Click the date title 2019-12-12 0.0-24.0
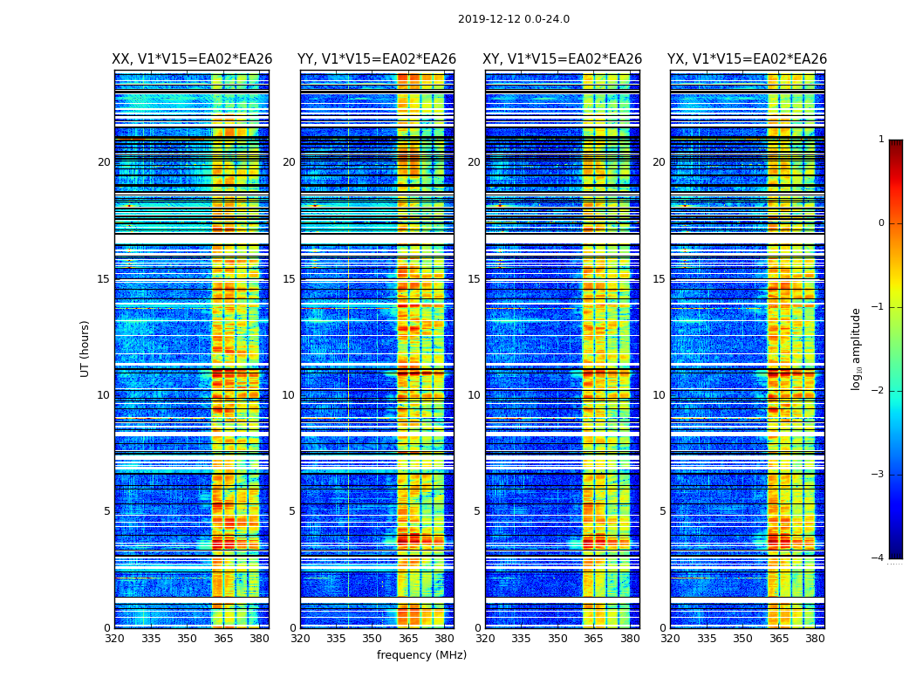(513, 19)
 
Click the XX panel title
(192, 59)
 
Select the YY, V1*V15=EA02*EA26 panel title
(377, 59)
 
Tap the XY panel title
(563, 59)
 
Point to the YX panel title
(747, 59)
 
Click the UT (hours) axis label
(85, 348)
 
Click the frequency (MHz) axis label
(421, 655)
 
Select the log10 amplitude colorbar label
(857, 348)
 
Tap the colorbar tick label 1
(881, 140)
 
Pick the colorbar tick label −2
(878, 391)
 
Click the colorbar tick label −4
(878, 558)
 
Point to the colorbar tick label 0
(881, 223)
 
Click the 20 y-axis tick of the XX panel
(104, 162)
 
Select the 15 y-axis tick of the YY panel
(290, 279)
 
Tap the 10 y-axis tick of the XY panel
(475, 395)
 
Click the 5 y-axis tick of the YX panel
(663, 511)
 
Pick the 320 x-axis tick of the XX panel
(114, 639)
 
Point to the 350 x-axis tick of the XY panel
(557, 639)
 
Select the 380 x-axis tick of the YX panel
(815, 639)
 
